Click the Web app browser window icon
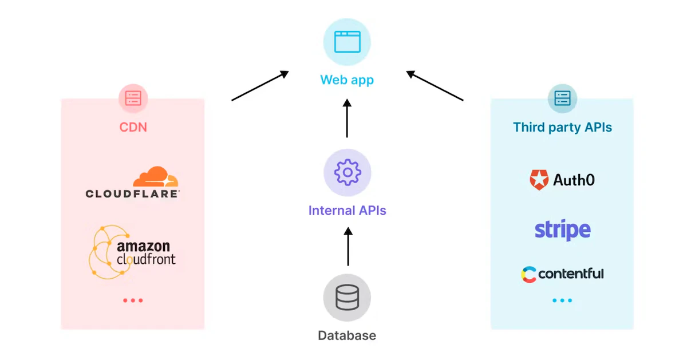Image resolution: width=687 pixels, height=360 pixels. [347, 42]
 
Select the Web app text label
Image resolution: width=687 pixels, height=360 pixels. [347, 80]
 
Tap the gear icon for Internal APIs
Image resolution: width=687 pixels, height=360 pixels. [347, 173]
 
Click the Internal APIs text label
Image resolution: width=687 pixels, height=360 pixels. [347, 211]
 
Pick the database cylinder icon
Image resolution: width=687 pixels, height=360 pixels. [347, 298]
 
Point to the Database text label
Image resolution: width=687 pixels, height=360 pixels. [347, 335]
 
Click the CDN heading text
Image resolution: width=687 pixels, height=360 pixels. [133, 127]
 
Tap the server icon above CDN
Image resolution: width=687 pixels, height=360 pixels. [133, 98]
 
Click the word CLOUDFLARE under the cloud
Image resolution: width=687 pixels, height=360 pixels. [132, 194]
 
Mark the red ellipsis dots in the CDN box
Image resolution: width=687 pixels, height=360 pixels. [133, 300]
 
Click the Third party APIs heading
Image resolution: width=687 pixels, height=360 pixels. [562, 127]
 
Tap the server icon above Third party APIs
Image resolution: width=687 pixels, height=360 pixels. [562, 98]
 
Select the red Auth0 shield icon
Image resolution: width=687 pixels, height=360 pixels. [539, 180]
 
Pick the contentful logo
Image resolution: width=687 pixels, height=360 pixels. [562, 274]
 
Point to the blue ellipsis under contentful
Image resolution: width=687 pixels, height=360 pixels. [562, 300]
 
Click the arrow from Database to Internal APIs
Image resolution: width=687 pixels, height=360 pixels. [348, 246]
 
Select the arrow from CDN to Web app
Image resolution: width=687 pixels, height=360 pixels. [260, 86]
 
